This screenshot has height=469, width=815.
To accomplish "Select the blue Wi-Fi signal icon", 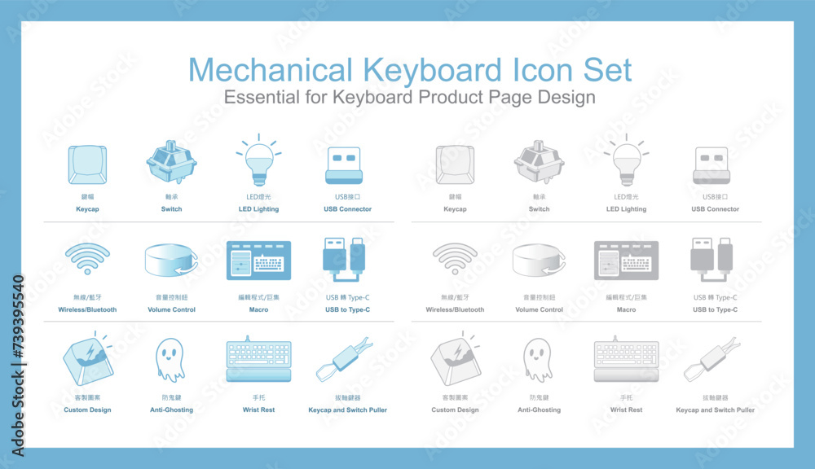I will click(x=87, y=259).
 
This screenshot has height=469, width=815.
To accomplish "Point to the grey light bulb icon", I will click(x=625, y=161).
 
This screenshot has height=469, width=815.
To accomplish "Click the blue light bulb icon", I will click(x=257, y=161).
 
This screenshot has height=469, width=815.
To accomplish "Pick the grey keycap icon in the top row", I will click(x=455, y=165).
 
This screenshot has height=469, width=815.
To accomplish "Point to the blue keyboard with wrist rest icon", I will click(x=258, y=359).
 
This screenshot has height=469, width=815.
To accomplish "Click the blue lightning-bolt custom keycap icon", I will click(x=87, y=359).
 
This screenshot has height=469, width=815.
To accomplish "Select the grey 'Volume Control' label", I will click(x=539, y=309).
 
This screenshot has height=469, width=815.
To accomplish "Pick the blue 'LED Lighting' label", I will click(x=258, y=209).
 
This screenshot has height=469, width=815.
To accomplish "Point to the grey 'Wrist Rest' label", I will click(x=626, y=410).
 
